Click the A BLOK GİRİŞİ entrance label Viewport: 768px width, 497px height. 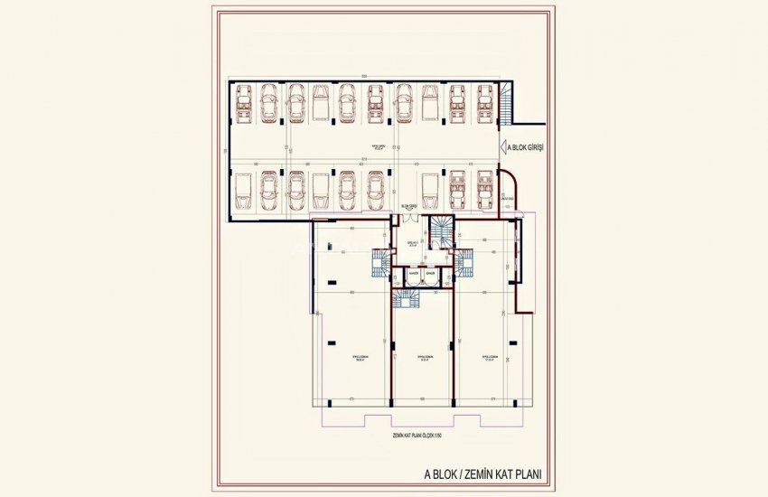[x=527, y=149]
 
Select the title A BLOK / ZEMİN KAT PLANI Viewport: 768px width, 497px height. [x=488, y=472]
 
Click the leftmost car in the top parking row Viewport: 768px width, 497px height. [x=243, y=103]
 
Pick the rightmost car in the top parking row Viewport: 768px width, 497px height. [x=484, y=103]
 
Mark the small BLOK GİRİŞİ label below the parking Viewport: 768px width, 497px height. [x=409, y=207]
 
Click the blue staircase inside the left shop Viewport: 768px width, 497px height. [x=379, y=264]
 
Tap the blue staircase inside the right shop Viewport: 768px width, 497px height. [x=464, y=264]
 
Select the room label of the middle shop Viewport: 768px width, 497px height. [x=422, y=358]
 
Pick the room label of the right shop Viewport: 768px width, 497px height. [x=488, y=358]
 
